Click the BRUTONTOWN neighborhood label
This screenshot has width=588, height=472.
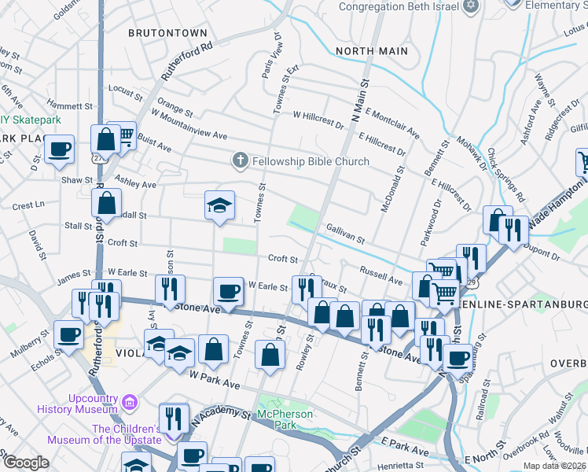167,33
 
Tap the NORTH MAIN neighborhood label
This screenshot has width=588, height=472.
372,51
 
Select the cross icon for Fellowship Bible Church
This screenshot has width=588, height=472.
241,160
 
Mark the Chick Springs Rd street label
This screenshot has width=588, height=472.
505,175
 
